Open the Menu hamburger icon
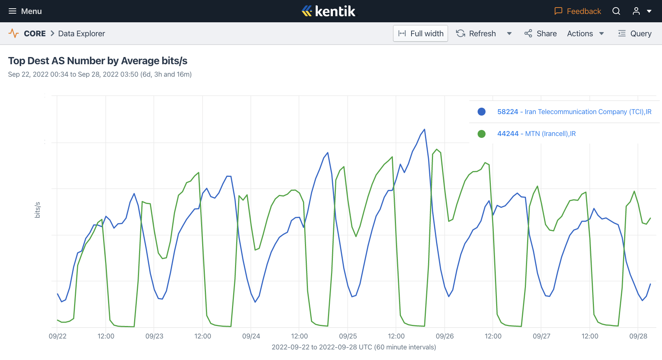click(12, 11)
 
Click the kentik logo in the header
click(328, 11)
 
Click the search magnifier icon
click(616, 11)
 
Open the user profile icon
click(636, 11)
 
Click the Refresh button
click(476, 34)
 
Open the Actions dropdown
click(585, 34)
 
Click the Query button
click(635, 34)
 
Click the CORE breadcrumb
click(34, 34)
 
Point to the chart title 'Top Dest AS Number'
click(97, 61)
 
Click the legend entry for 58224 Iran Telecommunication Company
click(574, 112)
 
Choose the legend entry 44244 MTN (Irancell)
click(536, 134)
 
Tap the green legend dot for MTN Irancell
click(481, 134)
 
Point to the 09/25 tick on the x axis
click(348, 336)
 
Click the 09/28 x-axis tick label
click(638, 336)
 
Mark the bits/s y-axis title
click(37, 210)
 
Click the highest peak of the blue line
click(425, 130)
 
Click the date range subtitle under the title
click(100, 74)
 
